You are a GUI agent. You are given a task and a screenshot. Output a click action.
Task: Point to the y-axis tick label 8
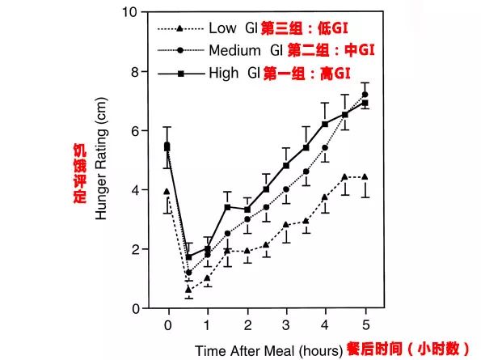click(x=133, y=71)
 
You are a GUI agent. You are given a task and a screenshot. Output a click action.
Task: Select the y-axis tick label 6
click(x=133, y=130)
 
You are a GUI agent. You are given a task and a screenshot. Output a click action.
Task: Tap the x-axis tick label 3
click(x=286, y=324)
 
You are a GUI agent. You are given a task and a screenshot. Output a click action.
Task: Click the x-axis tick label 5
click(x=365, y=324)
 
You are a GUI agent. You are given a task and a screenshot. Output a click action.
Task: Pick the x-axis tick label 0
click(x=168, y=324)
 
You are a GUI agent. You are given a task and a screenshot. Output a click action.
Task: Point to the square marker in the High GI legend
click(x=181, y=73)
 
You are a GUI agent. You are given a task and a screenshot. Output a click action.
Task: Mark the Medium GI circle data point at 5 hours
click(x=365, y=95)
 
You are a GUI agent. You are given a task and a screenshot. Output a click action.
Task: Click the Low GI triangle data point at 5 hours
click(x=365, y=176)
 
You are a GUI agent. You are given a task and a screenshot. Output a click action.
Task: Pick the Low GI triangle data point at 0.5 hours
click(x=188, y=289)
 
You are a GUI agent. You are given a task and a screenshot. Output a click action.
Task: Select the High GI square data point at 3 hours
click(x=286, y=165)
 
